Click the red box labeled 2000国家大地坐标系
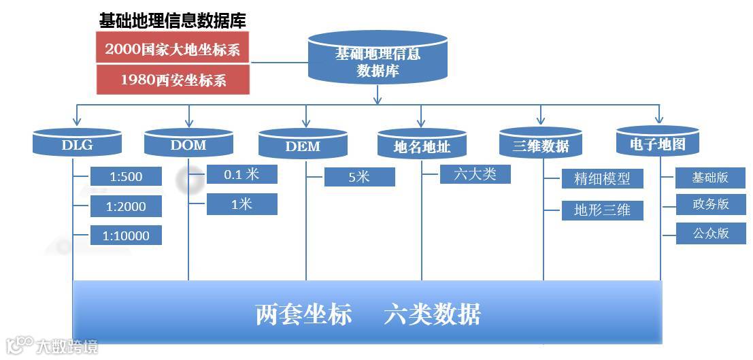point(173,49)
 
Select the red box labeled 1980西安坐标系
point(173,80)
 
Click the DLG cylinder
point(77,144)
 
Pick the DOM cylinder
point(188,144)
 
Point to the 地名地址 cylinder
point(422,145)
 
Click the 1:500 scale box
point(126,176)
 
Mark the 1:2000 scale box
point(126,206)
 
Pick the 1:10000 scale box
point(126,235)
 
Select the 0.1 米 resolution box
point(241,174)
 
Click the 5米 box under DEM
point(359,177)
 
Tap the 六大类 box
point(475,174)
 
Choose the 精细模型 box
point(602,179)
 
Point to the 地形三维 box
point(602,210)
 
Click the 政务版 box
point(710,204)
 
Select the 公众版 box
point(710,233)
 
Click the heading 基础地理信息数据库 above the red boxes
point(173,20)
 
